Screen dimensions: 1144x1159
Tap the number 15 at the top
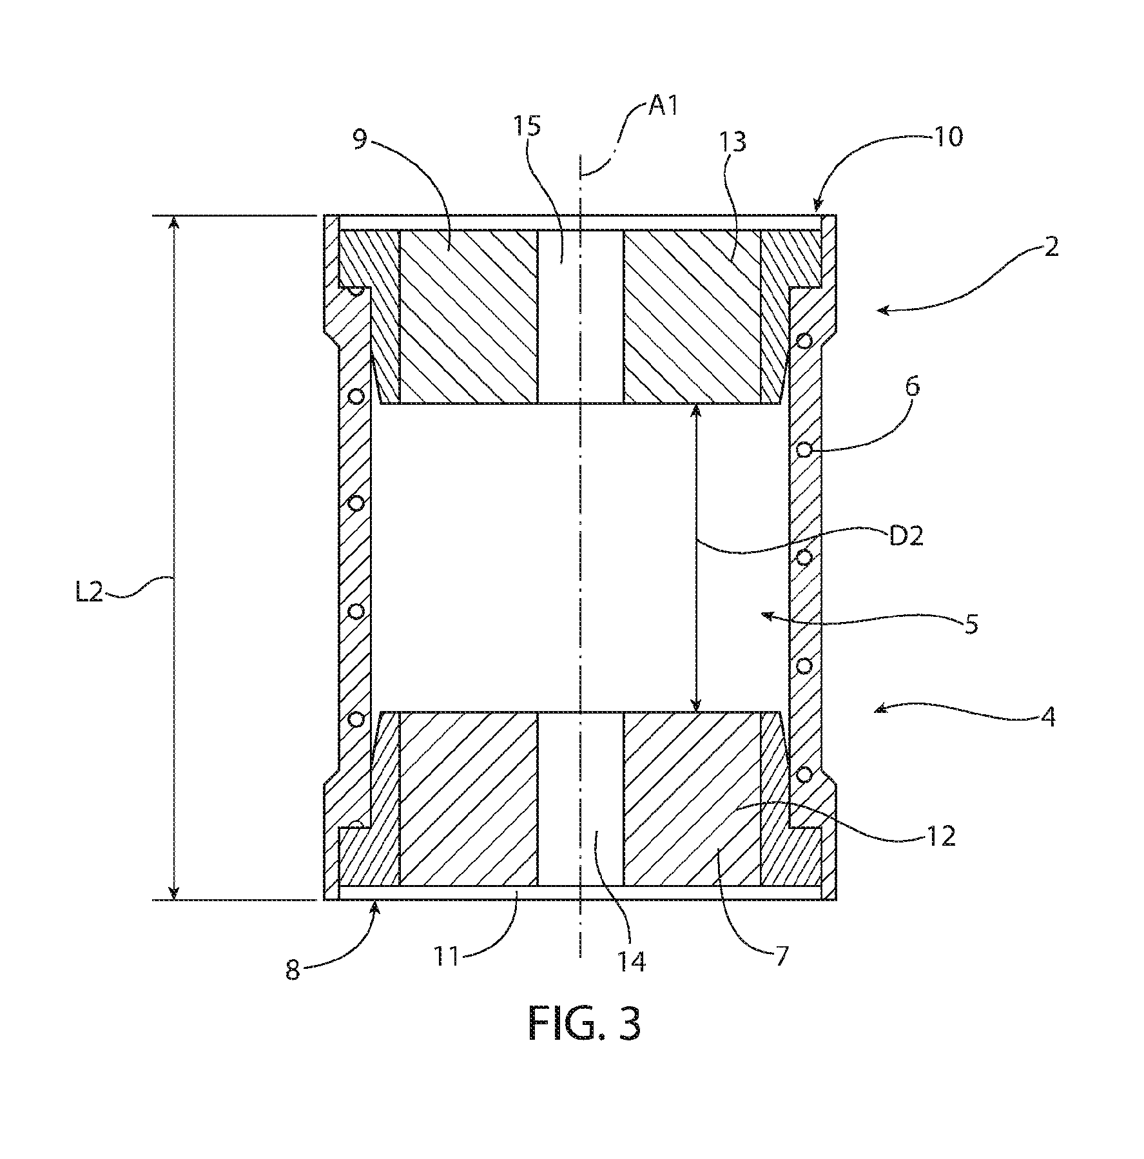click(527, 126)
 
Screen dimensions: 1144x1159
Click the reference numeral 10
click(947, 136)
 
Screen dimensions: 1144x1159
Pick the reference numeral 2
click(1051, 247)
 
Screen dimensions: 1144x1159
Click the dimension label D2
click(906, 536)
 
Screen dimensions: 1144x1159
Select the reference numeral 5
click(972, 623)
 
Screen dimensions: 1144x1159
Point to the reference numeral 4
click(1049, 717)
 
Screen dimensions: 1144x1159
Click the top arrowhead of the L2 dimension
click(173, 222)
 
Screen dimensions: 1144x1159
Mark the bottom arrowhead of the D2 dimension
click(696, 705)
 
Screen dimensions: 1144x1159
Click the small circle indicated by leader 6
click(804, 450)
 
